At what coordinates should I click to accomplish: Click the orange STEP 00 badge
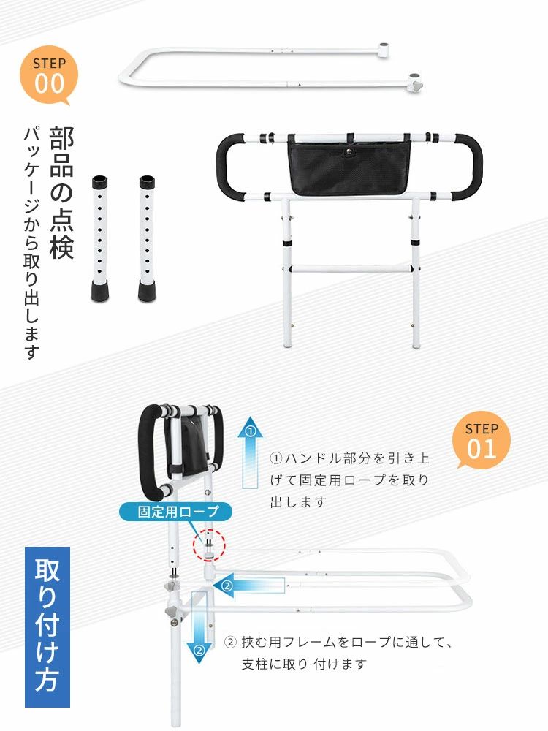tap(48, 75)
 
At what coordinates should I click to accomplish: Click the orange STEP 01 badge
tap(481, 440)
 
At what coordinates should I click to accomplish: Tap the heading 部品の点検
tap(61, 192)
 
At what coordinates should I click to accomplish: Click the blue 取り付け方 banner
tap(47, 626)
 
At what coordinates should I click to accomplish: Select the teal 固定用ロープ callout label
tap(175, 512)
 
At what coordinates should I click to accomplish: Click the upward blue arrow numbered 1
tap(250, 452)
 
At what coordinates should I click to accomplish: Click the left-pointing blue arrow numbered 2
tap(249, 586)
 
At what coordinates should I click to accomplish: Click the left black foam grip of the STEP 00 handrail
tap(229, 167)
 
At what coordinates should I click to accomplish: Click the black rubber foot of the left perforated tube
tap(99, 292)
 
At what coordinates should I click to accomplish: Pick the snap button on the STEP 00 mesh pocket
tap(348, 151)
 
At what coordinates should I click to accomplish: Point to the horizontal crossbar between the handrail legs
tap(351, 268)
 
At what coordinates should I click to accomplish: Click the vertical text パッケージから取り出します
tap(31, 243)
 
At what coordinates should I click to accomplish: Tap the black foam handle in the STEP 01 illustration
tap(149, 452)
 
